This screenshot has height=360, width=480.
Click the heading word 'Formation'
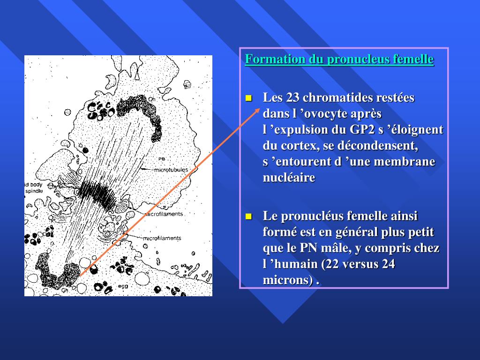268,60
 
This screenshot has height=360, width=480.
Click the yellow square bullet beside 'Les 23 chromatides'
249,98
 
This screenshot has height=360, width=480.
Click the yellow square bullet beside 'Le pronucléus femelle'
249,217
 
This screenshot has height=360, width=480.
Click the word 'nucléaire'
289,178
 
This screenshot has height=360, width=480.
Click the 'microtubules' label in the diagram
171,170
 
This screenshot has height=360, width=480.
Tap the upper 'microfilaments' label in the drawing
164,214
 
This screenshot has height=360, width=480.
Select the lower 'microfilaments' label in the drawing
162,238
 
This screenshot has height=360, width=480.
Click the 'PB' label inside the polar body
161,159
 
